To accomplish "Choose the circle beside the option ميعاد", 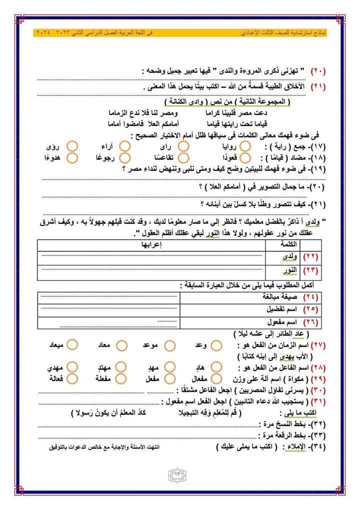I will pos(72,346).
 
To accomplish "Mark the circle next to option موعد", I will pos(170,346).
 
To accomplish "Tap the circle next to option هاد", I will pos(216,368).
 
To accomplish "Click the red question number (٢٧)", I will pos(318,346).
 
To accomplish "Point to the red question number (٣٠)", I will pos(318,390).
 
